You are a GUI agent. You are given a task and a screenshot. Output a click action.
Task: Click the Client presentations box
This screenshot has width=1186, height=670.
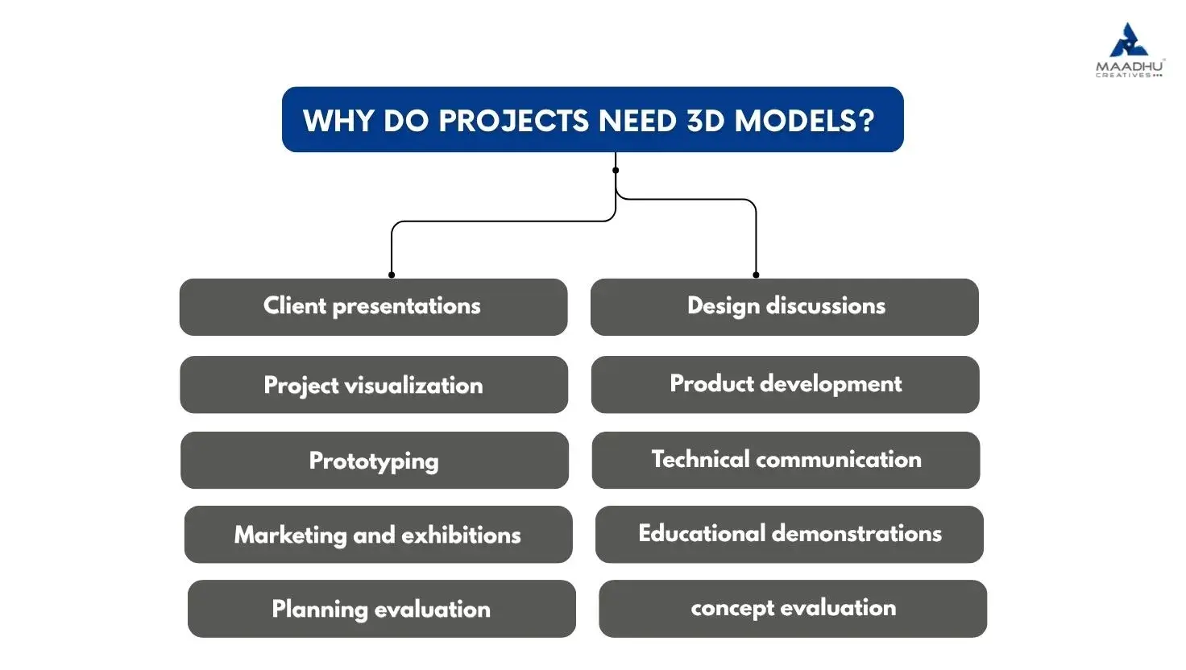coord(373,307)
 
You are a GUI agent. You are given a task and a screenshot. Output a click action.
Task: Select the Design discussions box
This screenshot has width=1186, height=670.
coord(784,307)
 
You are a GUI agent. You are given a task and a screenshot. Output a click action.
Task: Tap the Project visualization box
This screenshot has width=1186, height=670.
coord(374,385)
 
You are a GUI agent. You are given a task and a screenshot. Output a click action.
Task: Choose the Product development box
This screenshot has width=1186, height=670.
coord(786,385)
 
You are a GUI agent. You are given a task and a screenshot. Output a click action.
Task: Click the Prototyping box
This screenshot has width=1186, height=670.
coord(375,460)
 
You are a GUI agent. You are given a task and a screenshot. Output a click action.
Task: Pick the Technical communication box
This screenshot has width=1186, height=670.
coord(786,460)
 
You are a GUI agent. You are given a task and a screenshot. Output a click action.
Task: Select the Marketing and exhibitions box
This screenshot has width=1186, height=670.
coord(378,535)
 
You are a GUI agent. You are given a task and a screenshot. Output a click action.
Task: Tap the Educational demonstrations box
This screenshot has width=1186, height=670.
coord(789,535)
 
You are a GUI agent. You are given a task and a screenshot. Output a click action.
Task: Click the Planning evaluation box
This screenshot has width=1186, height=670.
coord(381,609)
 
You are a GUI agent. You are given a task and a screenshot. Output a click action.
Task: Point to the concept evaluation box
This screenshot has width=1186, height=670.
coord(793,609)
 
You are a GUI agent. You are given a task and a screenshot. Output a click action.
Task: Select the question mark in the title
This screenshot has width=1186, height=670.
coord(867,121)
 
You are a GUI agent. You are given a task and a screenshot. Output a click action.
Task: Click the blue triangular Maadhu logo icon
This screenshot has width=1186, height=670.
coord(1128,39)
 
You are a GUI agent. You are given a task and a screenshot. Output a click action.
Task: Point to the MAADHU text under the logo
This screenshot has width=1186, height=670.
coord(1130,67)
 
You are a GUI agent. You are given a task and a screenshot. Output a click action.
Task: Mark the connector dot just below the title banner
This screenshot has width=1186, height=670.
coord(616,171)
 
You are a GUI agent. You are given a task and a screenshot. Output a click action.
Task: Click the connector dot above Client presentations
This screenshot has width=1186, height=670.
coord(392,275)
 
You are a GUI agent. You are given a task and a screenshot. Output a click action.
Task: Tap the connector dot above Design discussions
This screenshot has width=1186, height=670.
coord(756,275)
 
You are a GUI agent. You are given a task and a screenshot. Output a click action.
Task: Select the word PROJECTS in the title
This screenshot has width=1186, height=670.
coord(513,121)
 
